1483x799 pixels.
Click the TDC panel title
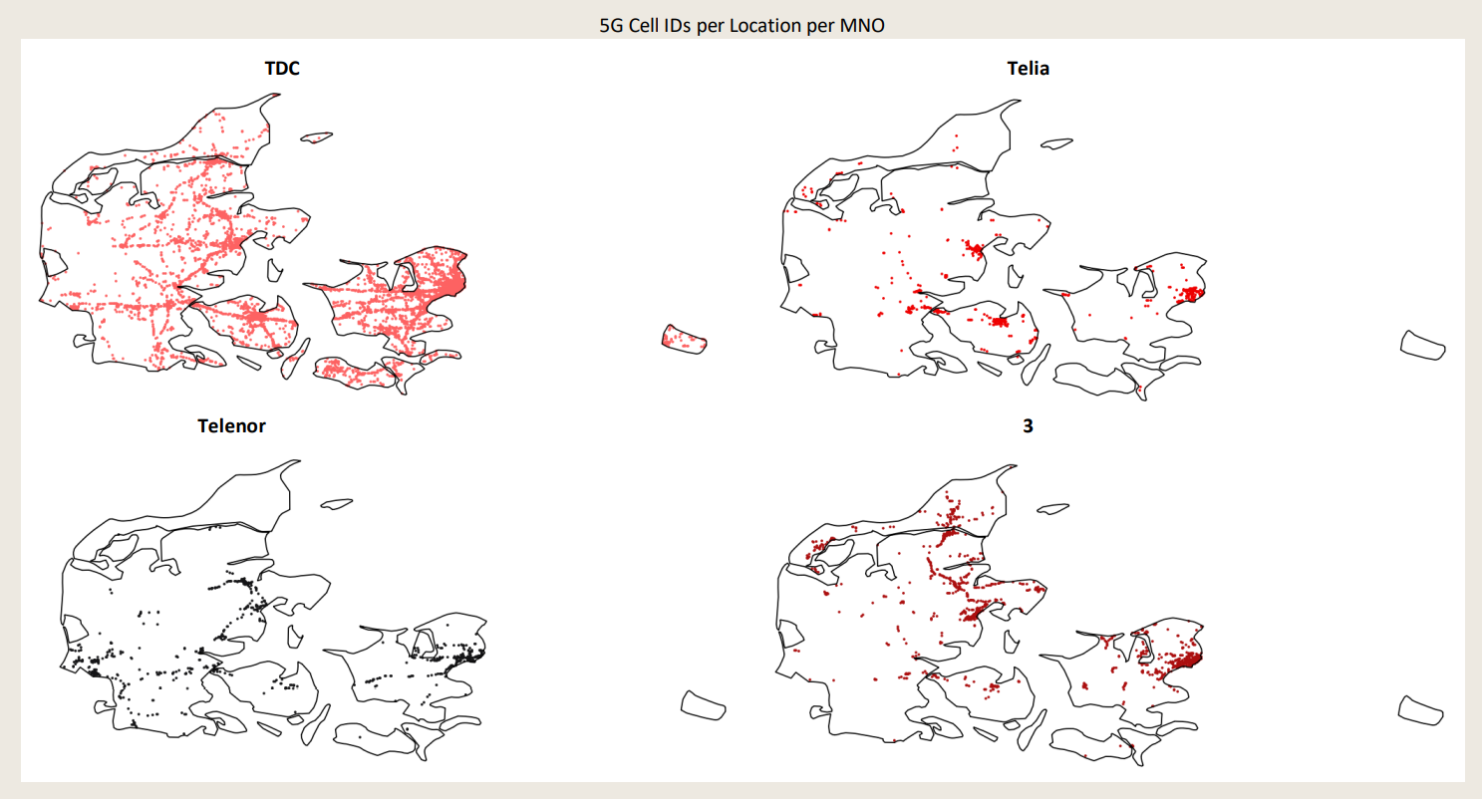click(x=282, y=69)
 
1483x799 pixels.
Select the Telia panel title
click(x=1029, y=69)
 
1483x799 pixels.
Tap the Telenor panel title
click(x=231, y=426)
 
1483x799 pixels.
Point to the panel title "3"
click(x=1029, y=426)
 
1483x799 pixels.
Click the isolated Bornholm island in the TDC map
click(x=685, y=340)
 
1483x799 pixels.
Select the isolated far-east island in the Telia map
click(x=1422, y=345)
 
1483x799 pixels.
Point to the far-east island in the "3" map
click(x=1421, y=708)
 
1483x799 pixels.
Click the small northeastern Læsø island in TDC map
click(x=318, y=137)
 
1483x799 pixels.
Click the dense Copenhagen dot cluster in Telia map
click(x=1191, y=294)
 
